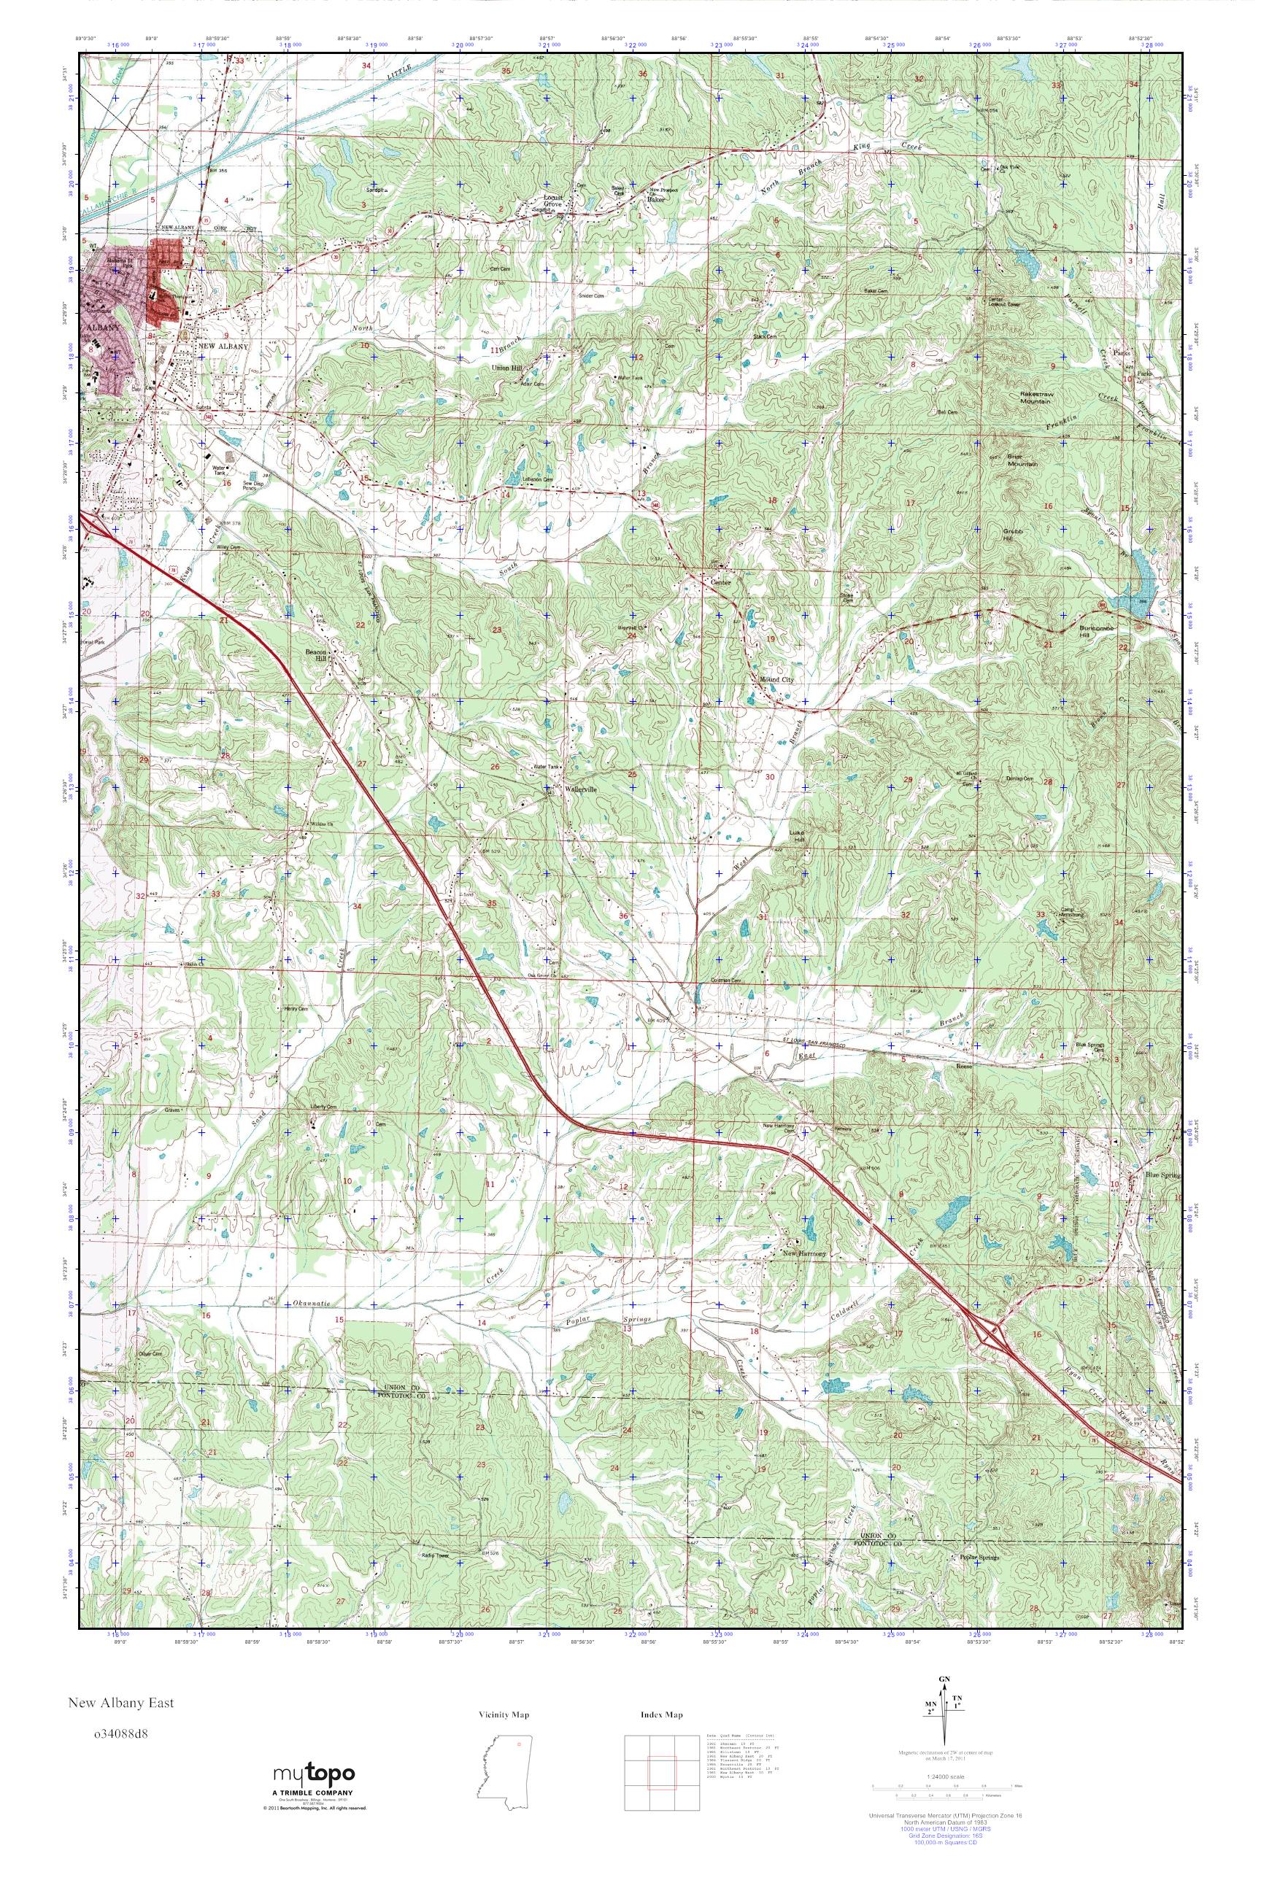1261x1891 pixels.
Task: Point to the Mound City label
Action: point(776,679)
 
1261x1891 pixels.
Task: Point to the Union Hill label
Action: point(510,368)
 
